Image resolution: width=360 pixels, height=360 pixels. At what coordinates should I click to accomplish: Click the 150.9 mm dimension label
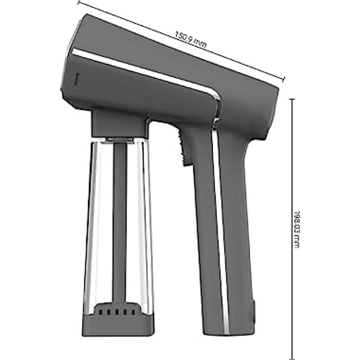coord(191,40)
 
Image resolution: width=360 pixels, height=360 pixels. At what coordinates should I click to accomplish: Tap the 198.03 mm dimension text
coord(297,229)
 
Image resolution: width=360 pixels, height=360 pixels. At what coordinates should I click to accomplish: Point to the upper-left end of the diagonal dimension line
coord(79,2)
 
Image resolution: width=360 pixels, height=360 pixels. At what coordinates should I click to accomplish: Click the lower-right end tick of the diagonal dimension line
coord(284,79)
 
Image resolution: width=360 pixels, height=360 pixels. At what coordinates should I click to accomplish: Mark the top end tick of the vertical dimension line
coord(292,99)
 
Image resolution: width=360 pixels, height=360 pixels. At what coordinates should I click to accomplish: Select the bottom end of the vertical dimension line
coord(292,359)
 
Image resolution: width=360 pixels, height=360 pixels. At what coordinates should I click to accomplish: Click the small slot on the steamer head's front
coord(76,79)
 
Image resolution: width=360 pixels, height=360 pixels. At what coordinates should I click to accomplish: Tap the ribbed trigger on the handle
coord(183,147)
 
